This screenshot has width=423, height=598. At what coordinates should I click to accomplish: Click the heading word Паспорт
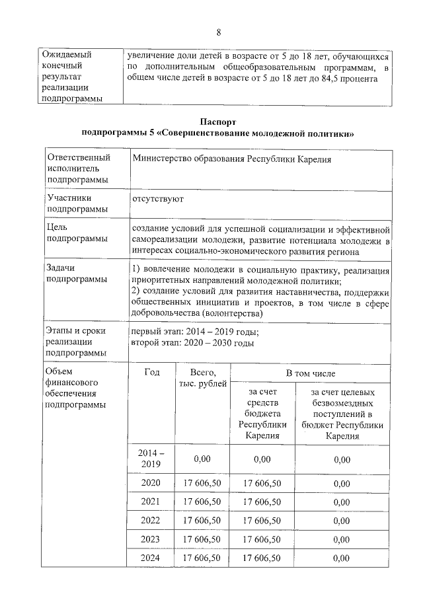217,122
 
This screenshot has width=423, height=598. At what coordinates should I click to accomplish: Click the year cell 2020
151,483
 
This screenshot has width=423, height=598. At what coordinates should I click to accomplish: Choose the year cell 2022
151,521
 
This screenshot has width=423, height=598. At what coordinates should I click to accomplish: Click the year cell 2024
151,558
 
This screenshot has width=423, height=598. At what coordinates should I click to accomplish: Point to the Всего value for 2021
202,502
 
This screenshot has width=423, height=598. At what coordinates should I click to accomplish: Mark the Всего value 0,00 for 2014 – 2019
202,459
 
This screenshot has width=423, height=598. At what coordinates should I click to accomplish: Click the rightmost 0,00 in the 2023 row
342,540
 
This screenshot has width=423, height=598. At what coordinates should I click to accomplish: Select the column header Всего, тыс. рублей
202,379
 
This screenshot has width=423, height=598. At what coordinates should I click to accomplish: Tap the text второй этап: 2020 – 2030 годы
193,343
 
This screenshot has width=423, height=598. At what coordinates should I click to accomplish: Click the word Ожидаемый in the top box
66,55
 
